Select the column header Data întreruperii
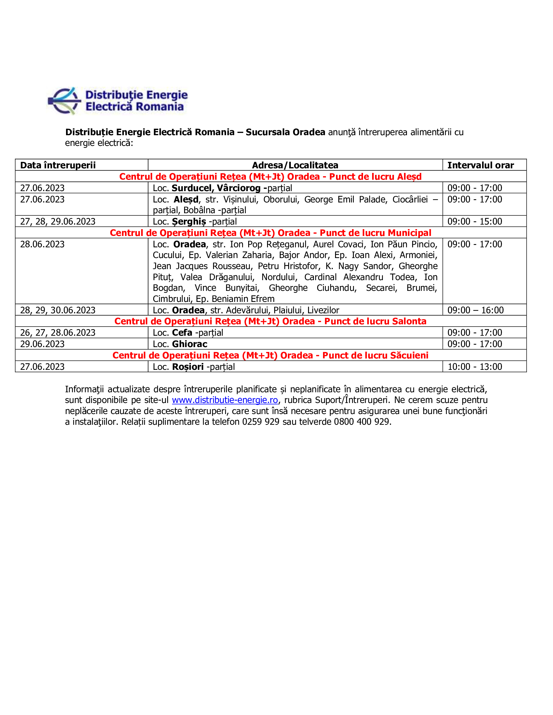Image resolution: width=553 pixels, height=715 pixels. coord(58,165)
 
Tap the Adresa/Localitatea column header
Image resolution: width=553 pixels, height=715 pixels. coord(295,165)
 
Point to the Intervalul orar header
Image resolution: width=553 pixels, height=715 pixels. coord(480,165)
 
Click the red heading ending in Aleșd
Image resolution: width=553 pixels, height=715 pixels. coord(270,176)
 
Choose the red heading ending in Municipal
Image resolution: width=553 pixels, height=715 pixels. coord(270,233)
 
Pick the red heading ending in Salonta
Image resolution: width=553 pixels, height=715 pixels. coord(270,321)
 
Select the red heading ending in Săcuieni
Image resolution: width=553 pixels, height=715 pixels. coord(270,355)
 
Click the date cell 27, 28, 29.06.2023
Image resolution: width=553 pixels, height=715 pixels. coord(58,222)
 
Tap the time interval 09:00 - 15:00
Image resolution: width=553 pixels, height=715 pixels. coord(474,222)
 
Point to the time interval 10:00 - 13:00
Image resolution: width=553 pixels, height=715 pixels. coord(474,367)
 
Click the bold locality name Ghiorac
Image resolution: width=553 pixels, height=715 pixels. coord(190,344)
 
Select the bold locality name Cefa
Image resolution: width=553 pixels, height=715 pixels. coord(182,332)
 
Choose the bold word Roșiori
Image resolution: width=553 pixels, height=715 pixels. coord(188,367)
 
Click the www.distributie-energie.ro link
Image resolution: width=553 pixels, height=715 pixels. coord(225,400)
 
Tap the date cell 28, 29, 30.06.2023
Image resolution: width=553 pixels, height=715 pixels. coord(58,310)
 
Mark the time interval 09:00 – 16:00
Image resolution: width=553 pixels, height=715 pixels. coord(475,310)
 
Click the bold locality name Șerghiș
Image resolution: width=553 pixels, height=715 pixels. coord(189,222)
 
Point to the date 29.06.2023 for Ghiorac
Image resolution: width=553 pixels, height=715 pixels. coord(42,344)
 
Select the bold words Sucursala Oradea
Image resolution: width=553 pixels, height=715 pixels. coord(285,132)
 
